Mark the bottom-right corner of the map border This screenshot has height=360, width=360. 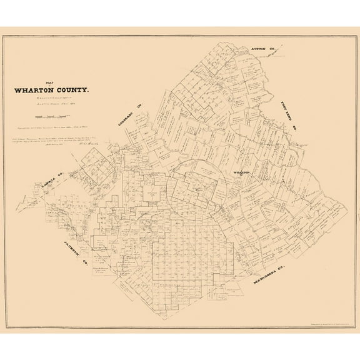point(351,332)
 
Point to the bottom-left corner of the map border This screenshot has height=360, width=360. point(9,332)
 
